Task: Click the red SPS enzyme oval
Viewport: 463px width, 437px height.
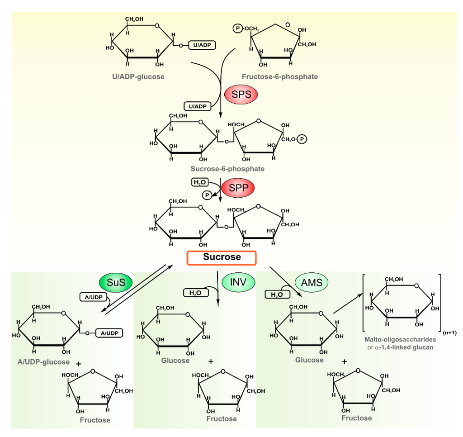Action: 241,95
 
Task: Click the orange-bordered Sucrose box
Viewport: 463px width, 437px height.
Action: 222,257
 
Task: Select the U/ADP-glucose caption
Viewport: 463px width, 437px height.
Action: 138,76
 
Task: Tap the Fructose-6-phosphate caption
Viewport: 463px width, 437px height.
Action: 279,76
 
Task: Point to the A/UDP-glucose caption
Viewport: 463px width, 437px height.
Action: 44,361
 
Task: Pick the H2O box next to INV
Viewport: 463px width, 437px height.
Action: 195,293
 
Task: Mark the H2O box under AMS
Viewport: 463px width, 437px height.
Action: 277,294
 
